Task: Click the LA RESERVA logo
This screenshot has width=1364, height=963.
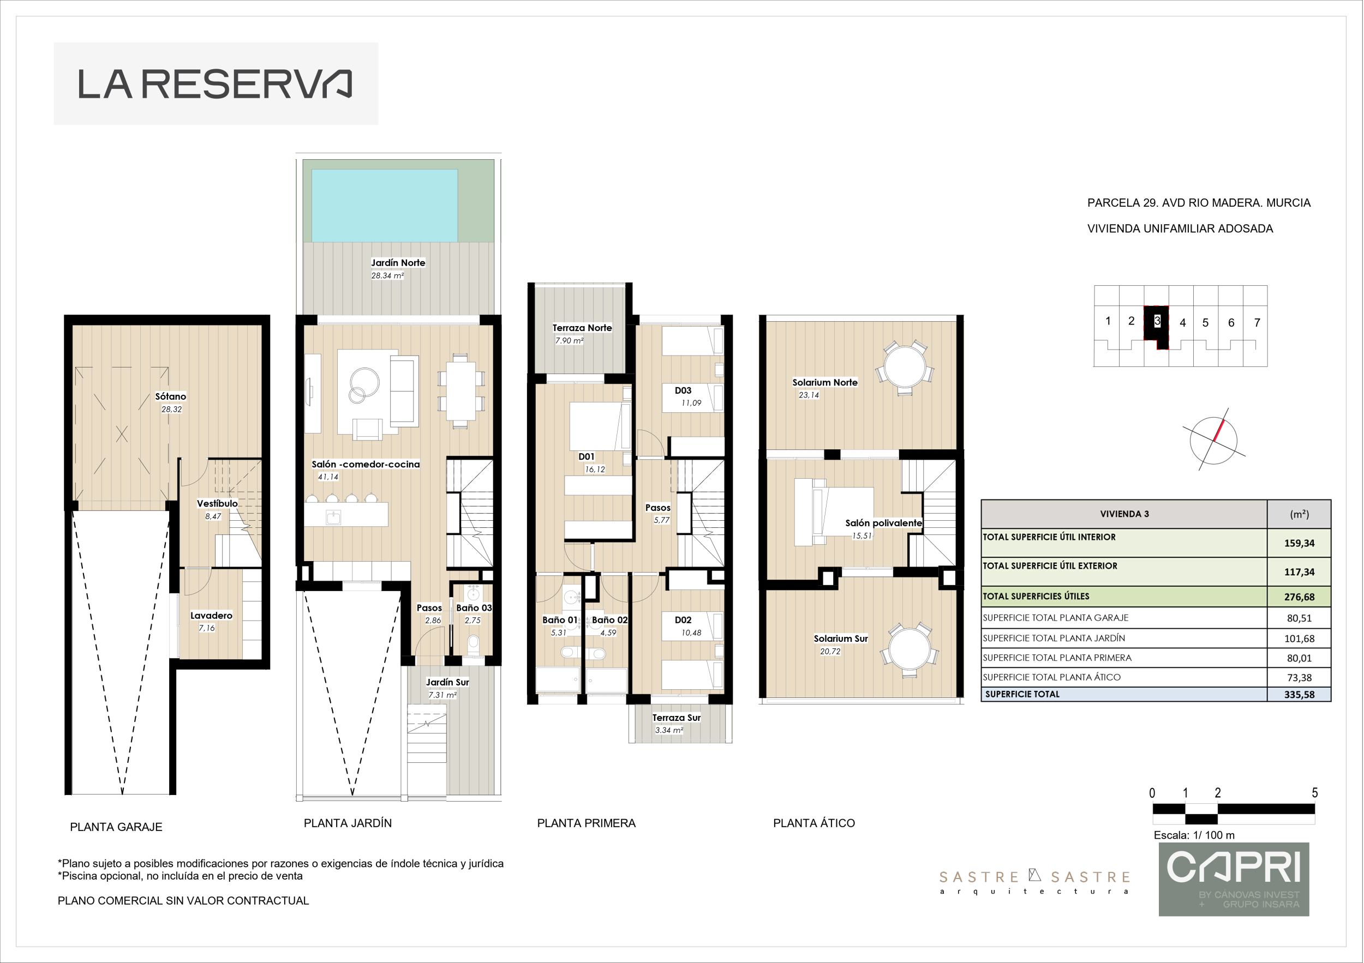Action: click(215, 84)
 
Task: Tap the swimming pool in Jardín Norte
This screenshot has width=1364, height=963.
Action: click(384, 206)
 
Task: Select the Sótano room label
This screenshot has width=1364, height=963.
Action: click(170, 396)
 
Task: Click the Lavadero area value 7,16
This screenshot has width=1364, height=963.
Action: click(207, 628)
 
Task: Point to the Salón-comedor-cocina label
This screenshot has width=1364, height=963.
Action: click(366, 464)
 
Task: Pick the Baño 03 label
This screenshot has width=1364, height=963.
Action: click(474, 608)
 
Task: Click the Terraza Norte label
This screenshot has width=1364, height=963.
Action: click(582, 328)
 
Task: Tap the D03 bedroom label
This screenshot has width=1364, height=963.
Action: click(683, 390)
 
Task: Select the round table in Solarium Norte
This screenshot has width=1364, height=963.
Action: click(905, 368)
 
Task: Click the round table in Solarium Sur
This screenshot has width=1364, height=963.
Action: click(909, 649)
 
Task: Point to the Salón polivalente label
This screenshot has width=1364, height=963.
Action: click(883, 523)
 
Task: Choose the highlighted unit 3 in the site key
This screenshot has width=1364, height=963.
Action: click(1157, 327)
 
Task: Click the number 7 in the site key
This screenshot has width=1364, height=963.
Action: click(1257, 323)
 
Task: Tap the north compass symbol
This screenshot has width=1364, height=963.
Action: click(1214, 440)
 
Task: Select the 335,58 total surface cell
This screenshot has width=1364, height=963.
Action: click(1299, 695)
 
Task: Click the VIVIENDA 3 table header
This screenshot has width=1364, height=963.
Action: click(1124, 514)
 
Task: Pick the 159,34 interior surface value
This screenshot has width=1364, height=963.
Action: click(1299, 543)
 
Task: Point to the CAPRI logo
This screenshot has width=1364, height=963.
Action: click(1234, 879)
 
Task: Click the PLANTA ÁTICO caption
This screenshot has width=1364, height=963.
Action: click(814, 823)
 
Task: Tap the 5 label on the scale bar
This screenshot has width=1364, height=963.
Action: click(1315, 793)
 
